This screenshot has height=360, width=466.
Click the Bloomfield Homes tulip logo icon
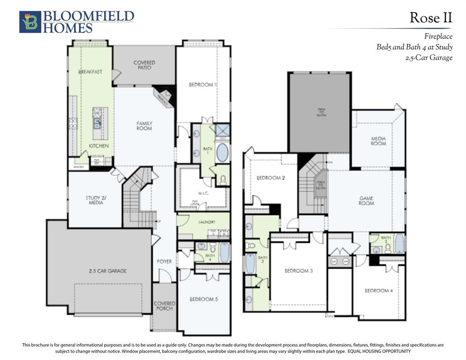click(30, 22)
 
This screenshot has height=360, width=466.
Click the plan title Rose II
click(430, 18)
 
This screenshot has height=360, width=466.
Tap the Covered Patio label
click(144, 65)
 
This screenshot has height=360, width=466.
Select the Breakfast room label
click(90, 72)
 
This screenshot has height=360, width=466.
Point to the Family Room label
click(144, 126)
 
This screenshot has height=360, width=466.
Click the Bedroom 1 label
click(203, 85)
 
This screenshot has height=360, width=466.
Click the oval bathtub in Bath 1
click(222, 153)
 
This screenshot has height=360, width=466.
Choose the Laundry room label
click(207, 222)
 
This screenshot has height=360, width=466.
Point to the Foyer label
click(164, 261)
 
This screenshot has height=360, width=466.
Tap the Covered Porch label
click(164, 306)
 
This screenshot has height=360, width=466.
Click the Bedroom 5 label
click(203, 299)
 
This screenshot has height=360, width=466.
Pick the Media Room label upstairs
click(378, 141)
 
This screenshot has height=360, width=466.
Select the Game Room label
click(366, 201)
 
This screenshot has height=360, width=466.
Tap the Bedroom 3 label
click(299, 271)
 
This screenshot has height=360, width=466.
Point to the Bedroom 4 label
click(379, 291)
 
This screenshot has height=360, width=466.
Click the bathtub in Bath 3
click(399, 243)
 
